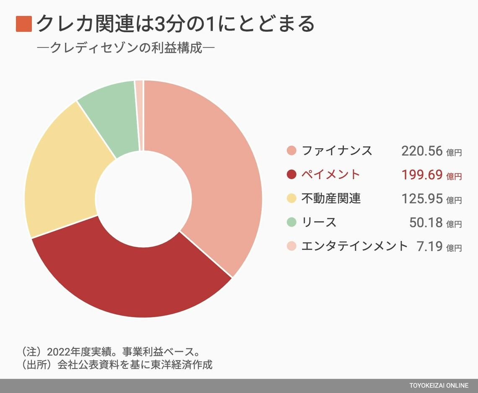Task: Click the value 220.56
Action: (x=422, y=151)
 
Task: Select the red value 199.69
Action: (x=422, y=175)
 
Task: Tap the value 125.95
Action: (x=422, y=199)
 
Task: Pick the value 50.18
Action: (x=426, y=222)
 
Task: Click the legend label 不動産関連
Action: (x=331, y=198)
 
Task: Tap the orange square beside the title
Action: (x=24, y=24)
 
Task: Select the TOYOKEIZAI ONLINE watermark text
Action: (x=439, y=386)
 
